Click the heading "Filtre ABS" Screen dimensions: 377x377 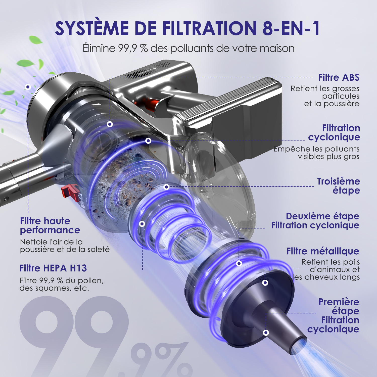click(x=339, y=77)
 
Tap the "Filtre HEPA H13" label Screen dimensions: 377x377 click(x=53, y=268)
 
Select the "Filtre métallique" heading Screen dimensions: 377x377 click(x=323, y=251)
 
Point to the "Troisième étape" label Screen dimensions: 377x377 click(x=339, y=186)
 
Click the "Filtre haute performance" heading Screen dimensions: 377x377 click(x=50, y=225)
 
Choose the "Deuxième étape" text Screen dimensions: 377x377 click(x=322, y=216)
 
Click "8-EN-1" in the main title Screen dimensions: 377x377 click(x=291, y=28)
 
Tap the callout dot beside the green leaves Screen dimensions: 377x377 click(x=28, y=87)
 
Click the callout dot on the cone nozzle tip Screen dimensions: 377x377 click(x=266, y=333)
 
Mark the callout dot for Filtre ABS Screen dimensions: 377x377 click(x=110, y=124)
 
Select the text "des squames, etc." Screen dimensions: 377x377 click(x=54, y=288)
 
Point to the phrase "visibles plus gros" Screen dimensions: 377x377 click(x=329, y=157)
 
